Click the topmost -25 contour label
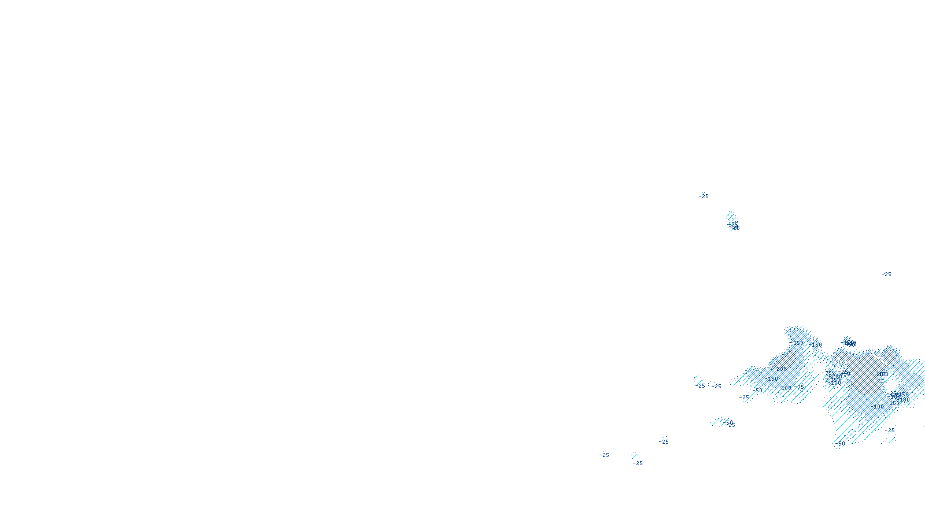pos(704,196)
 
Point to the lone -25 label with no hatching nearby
pos(886,274)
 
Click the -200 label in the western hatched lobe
pos(781,369)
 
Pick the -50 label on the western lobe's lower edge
pos(758,391)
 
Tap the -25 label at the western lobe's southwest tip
pos(744,398)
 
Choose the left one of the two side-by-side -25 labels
pos(701,385)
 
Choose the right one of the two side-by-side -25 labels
pos(717,386)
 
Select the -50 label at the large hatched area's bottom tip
pos(841,444)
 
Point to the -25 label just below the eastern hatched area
pos(890,430)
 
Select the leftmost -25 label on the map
pos(604,455)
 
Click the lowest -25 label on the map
pos(638,463)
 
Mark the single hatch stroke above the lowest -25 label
pos(635,455)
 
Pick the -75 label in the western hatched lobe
pos(801,387)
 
